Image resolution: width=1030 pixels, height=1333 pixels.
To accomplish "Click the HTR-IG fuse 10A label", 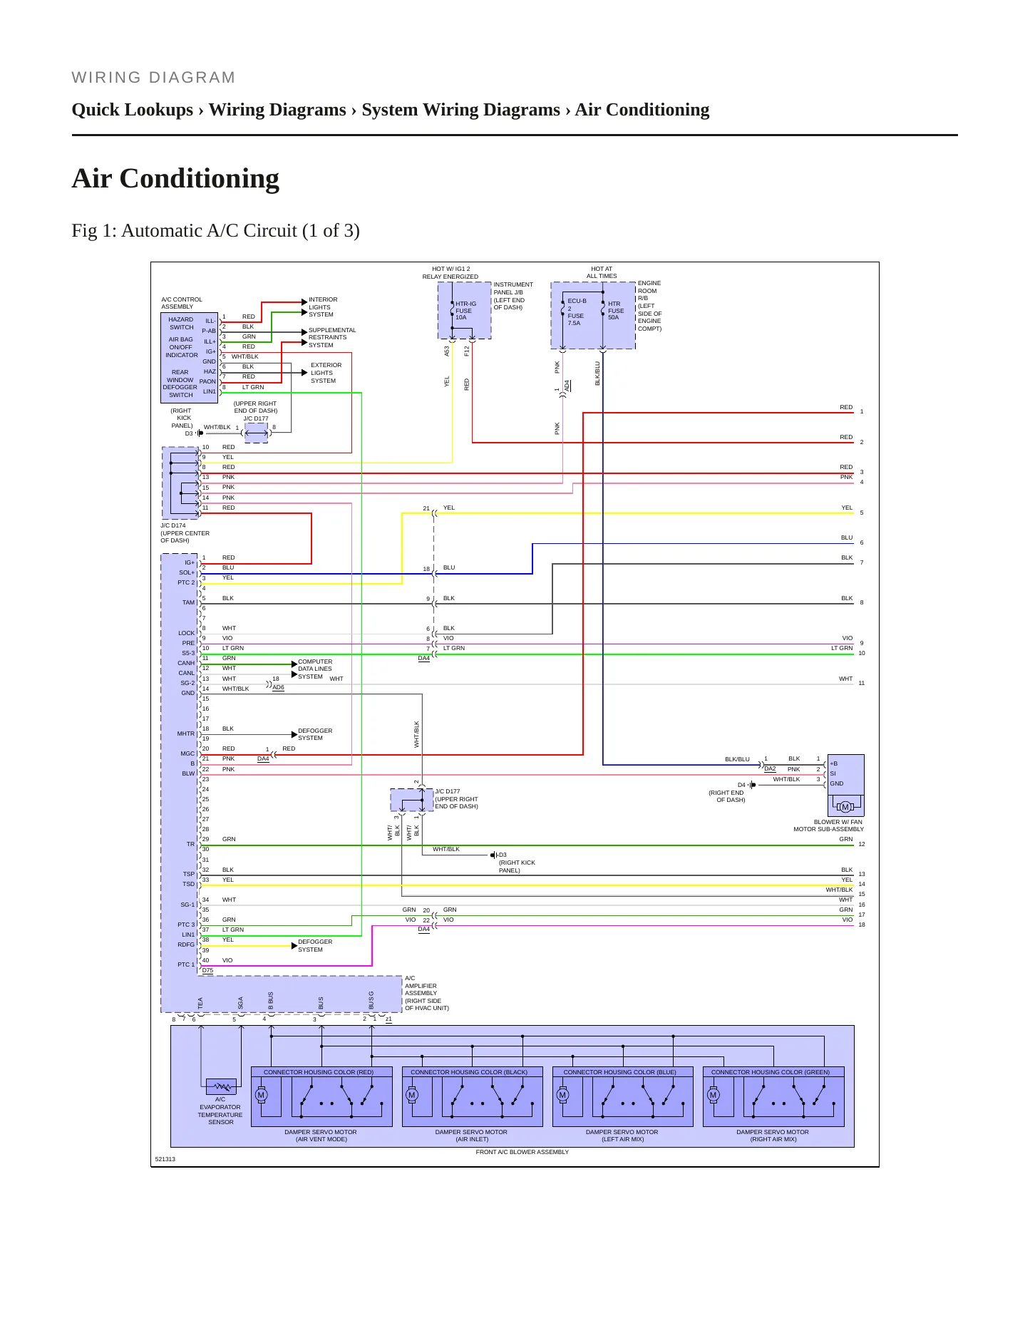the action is click(465, 311).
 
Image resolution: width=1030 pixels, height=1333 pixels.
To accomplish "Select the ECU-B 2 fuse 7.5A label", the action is click(577, 312).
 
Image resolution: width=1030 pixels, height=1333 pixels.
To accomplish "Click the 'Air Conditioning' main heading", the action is click(175, 178).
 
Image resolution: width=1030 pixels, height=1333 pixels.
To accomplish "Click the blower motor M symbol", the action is click(845, 807).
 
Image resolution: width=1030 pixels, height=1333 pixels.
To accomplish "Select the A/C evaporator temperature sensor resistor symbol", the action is click(221, 1087).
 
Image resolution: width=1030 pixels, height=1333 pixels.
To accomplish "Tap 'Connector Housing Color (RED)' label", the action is click(319, 1072).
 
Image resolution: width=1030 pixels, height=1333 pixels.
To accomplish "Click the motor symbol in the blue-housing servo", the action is click(562, 1095).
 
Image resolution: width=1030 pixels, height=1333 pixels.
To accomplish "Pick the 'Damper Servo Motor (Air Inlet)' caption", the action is click(471, 1136).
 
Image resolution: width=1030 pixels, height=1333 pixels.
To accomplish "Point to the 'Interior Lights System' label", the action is click(322, 307).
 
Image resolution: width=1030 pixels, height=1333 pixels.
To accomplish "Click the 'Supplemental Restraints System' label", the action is click(332, 338).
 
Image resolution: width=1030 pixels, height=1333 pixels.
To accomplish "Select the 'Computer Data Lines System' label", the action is click(315, 669).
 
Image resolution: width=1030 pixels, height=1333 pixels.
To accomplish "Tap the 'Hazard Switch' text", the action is click(181, 324).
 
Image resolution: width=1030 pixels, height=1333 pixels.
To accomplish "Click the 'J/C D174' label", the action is click(173, 525).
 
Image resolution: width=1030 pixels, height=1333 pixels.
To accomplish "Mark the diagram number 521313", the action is click(165, 1159).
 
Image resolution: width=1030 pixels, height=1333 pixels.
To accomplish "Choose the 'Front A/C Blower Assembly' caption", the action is click(522, 1152).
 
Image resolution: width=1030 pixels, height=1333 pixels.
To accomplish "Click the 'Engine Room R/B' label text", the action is click(649, 291).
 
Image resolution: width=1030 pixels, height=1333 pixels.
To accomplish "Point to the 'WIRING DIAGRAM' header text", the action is click(153, 78).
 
